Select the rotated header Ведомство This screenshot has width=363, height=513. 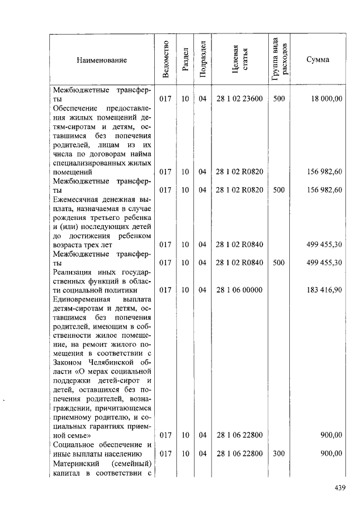tap(165, 59)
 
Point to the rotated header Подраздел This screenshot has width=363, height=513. tap(202, 59)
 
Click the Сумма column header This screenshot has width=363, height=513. tap(318, 60)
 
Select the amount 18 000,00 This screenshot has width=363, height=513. tap(326, 99)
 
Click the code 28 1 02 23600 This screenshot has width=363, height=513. tap(239, 99)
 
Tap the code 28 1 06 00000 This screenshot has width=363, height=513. tap(239, 290)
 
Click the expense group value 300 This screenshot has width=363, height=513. tap(278, 453)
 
